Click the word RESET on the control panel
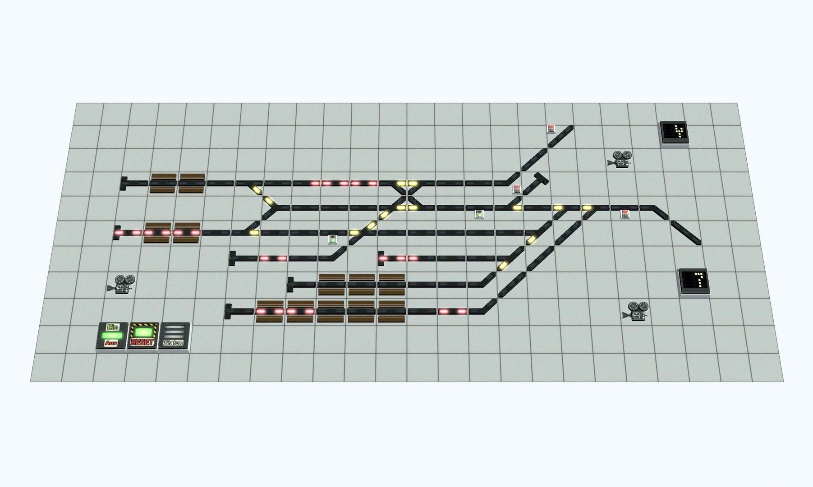[x=142, y=343]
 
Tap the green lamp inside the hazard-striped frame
[x=143, y=333]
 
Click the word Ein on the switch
[x=112, y=327]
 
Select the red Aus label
[x=111, y=343]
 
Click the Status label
[x=173, y=343]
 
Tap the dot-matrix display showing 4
[x=675, y=133]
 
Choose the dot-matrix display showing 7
[x=694, y=281]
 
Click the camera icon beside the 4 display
[x=621, y=160]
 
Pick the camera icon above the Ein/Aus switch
[x=121, y=285]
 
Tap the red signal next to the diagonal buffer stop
[x=517, y=188]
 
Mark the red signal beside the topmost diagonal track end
[x=551, y=129]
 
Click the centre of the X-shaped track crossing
[x=407, y=196]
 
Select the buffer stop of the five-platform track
[x=228, y=311]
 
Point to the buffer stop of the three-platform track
[x=290, y=284]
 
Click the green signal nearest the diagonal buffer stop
[x=479, y=214]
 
